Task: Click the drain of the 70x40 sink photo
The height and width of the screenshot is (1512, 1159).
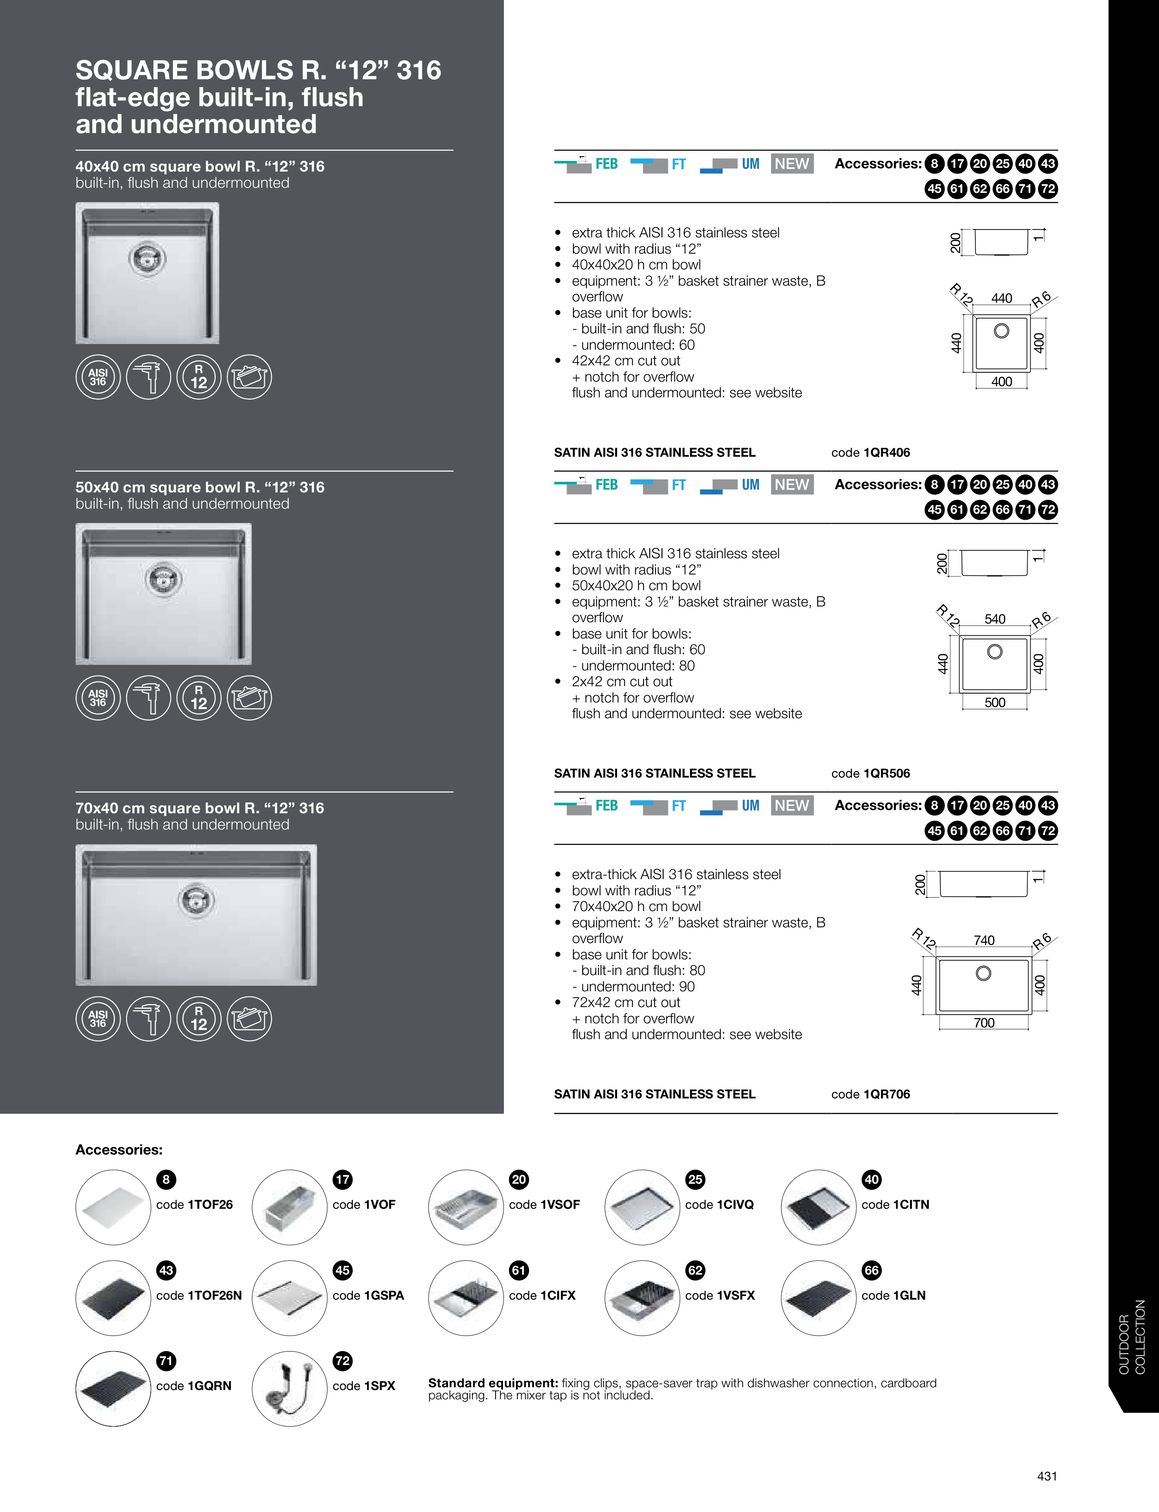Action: click(x=196, y=900)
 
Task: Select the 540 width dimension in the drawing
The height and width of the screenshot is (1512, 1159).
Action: click(x=995, y=619)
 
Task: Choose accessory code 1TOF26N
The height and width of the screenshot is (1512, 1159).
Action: click(x=199, y=1295)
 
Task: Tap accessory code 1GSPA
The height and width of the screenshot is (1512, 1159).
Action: click(x=368, y=1295)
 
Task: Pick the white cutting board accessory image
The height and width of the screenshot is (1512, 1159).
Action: click(x=113, y=1207)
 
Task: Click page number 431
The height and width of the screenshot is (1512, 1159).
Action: click(x=1046, y=1476)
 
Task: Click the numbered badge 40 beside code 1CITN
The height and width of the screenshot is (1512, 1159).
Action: click(x=871, y=1180)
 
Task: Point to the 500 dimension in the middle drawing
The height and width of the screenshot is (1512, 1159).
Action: click(x=995, y=702)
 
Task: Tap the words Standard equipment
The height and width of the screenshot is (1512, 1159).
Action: click(x=492, y=1383)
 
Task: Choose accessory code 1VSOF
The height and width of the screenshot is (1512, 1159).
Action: click(x=544, y=1204)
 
